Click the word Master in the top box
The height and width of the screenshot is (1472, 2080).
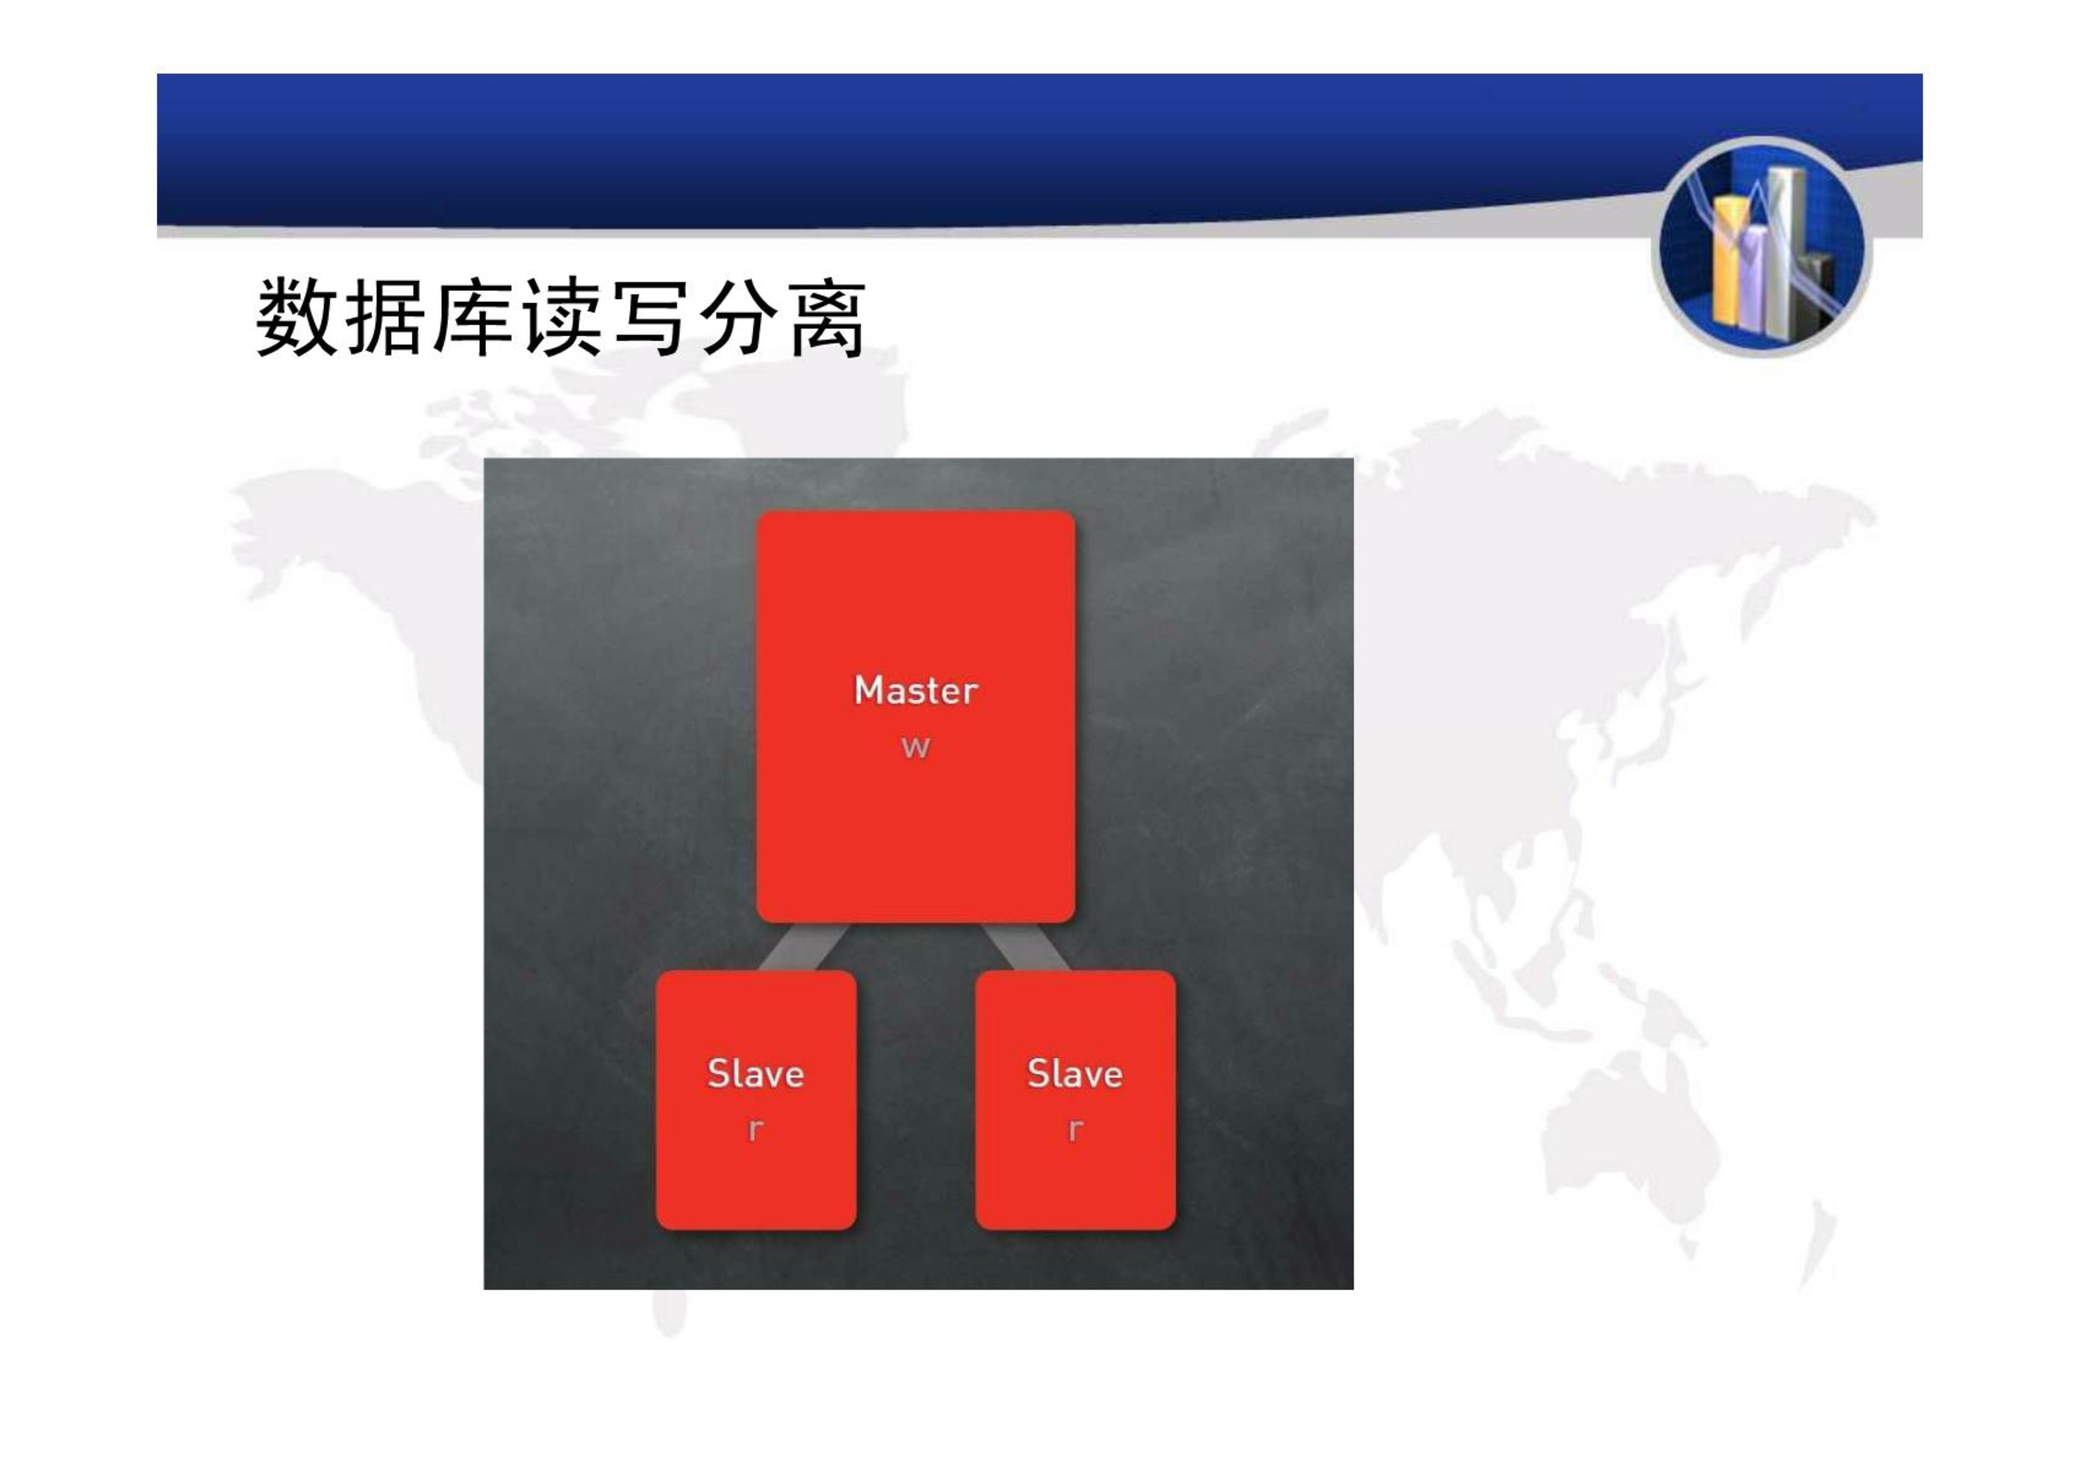915,690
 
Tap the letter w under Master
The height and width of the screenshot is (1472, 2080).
915,746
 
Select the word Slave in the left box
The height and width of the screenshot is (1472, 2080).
756,1073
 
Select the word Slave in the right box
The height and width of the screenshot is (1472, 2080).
1075,1073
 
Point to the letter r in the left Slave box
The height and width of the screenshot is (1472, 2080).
756,1128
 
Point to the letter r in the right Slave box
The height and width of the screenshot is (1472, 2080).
1075,1128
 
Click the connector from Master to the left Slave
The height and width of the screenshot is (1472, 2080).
804,947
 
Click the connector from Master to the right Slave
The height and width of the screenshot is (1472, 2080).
1025,947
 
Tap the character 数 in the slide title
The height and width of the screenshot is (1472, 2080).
296,317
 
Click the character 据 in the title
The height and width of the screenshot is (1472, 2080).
384,317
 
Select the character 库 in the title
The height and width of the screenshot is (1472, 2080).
473,317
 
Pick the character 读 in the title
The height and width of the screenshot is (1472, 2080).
562,317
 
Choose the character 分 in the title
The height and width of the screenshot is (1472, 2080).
739,317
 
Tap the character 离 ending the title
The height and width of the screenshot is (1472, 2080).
828,317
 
